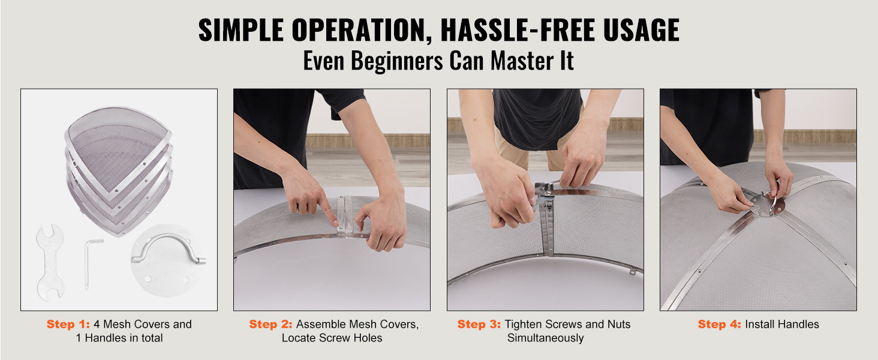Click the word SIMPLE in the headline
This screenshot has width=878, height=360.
click(240, 30)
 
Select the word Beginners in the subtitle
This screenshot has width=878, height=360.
click(396, 61)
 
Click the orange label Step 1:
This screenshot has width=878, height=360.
click(68, 325)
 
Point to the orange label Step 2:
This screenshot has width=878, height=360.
click(270, 325)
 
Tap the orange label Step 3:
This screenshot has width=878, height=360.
click(479, 325)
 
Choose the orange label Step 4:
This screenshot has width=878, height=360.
click(719, 325)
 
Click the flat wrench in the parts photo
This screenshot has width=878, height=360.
click(50, 262)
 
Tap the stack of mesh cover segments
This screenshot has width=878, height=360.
click(119, 170)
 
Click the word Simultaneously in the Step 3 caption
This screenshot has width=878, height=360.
click(545, 338)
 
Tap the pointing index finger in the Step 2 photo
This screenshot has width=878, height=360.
click(329, 211)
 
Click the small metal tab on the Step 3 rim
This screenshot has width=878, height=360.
click(632, 271)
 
